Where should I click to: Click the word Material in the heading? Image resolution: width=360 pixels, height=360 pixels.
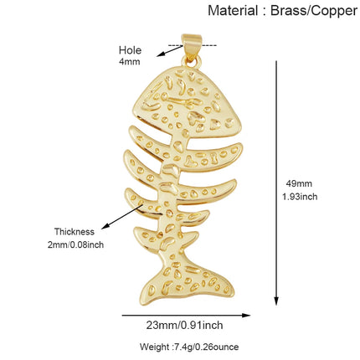pos(233,11)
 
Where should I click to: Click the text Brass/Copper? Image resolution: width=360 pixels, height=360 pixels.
pos(314,11)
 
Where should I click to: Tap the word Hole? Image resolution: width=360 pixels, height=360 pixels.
pos(130,50)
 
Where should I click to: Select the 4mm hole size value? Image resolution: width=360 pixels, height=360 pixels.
pos(130,61)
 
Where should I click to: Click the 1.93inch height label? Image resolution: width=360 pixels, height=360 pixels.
pos(300,197)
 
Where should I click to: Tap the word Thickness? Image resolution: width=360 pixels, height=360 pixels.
pos(75,232)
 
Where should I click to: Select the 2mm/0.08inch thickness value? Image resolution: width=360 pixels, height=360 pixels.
pos(75,244)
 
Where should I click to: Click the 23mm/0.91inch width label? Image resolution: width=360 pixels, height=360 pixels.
pos(184,325)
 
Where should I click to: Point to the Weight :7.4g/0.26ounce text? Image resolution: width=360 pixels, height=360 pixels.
pos(189,347)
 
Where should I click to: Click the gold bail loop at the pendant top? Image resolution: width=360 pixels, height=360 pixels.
pos(192,46)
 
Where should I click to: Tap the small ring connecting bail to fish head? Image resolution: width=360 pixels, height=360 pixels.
pos(192,61)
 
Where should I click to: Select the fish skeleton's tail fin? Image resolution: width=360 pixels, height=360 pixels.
pos(187,282)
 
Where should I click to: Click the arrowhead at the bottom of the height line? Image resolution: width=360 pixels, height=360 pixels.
pos(276,301)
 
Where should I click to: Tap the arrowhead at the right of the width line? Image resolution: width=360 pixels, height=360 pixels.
pos(246,316)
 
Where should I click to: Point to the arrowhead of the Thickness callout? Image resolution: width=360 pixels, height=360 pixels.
pos(105,227)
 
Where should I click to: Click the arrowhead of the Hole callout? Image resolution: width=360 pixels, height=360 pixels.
pos(160,54)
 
